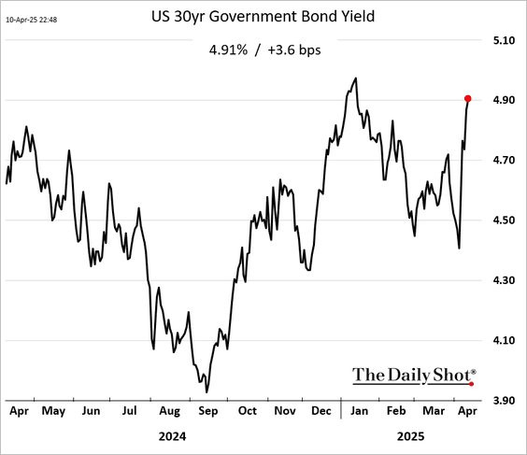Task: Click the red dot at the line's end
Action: pos(467,98)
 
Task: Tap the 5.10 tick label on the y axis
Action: pos(504,40)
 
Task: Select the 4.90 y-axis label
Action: pos(504,100)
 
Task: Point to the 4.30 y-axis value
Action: pos(504,280)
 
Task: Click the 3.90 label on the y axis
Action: pos(504,400)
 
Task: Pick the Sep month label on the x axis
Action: pos(208,411)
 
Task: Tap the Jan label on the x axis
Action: pos(360,410)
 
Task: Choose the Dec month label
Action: pos(321,410)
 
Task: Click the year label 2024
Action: pos(172,436)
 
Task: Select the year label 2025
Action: pos(411,436)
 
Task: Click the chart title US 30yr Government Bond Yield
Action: pos(263,17)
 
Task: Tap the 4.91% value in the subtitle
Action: pos(228,50)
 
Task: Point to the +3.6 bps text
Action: pos(294,50)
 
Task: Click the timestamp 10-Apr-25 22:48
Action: pos(31,20)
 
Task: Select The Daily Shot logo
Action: pos(414,376)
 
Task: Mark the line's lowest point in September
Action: pos(207,392)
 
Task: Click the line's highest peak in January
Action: pos(356,78)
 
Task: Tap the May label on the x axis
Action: pos(53,411)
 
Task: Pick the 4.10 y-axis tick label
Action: pos(504,340)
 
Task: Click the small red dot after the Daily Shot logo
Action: pos(472,384)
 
